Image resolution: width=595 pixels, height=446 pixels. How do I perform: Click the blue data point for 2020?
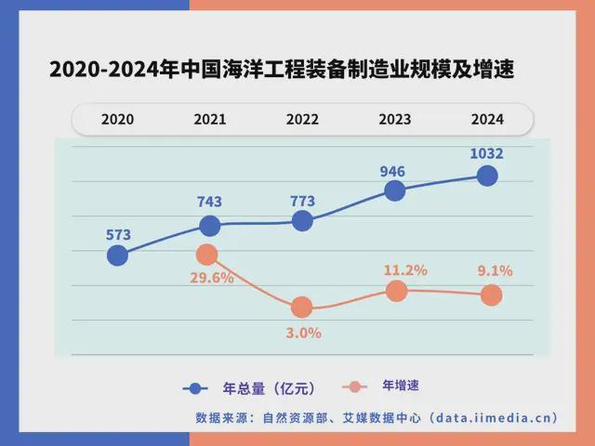click(117, 256)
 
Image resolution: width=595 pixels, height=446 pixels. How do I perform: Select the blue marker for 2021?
click(210, 226)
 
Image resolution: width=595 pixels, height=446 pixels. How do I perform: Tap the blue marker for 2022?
click(302, 220)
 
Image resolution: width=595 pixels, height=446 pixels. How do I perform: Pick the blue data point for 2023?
click(395, 190)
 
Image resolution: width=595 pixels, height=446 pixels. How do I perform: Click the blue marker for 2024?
click(487, 175)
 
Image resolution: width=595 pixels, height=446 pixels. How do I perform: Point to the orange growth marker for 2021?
click(207, 255)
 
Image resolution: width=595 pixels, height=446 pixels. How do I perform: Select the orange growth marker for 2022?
click(301, 308)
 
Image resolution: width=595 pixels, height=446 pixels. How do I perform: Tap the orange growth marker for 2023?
click(397, 291)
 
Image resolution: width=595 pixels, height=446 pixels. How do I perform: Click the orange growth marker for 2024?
click(492, 295)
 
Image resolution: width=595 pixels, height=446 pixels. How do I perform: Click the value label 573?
click(117, 234)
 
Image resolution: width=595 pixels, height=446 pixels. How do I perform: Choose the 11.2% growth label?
click(405, 270)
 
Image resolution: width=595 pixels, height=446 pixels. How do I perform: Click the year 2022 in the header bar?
click(302, 119)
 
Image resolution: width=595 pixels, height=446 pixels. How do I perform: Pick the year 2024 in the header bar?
click(487, 119)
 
